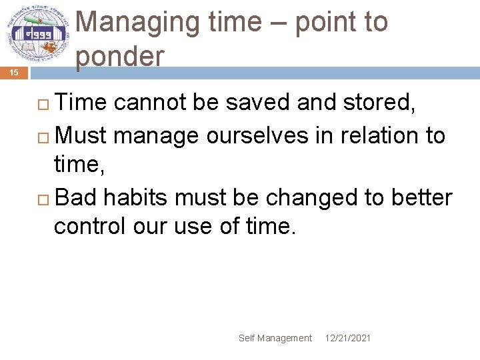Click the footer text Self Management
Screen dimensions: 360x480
275,338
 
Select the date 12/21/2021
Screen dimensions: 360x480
348,338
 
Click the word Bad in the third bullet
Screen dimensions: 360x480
77,198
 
